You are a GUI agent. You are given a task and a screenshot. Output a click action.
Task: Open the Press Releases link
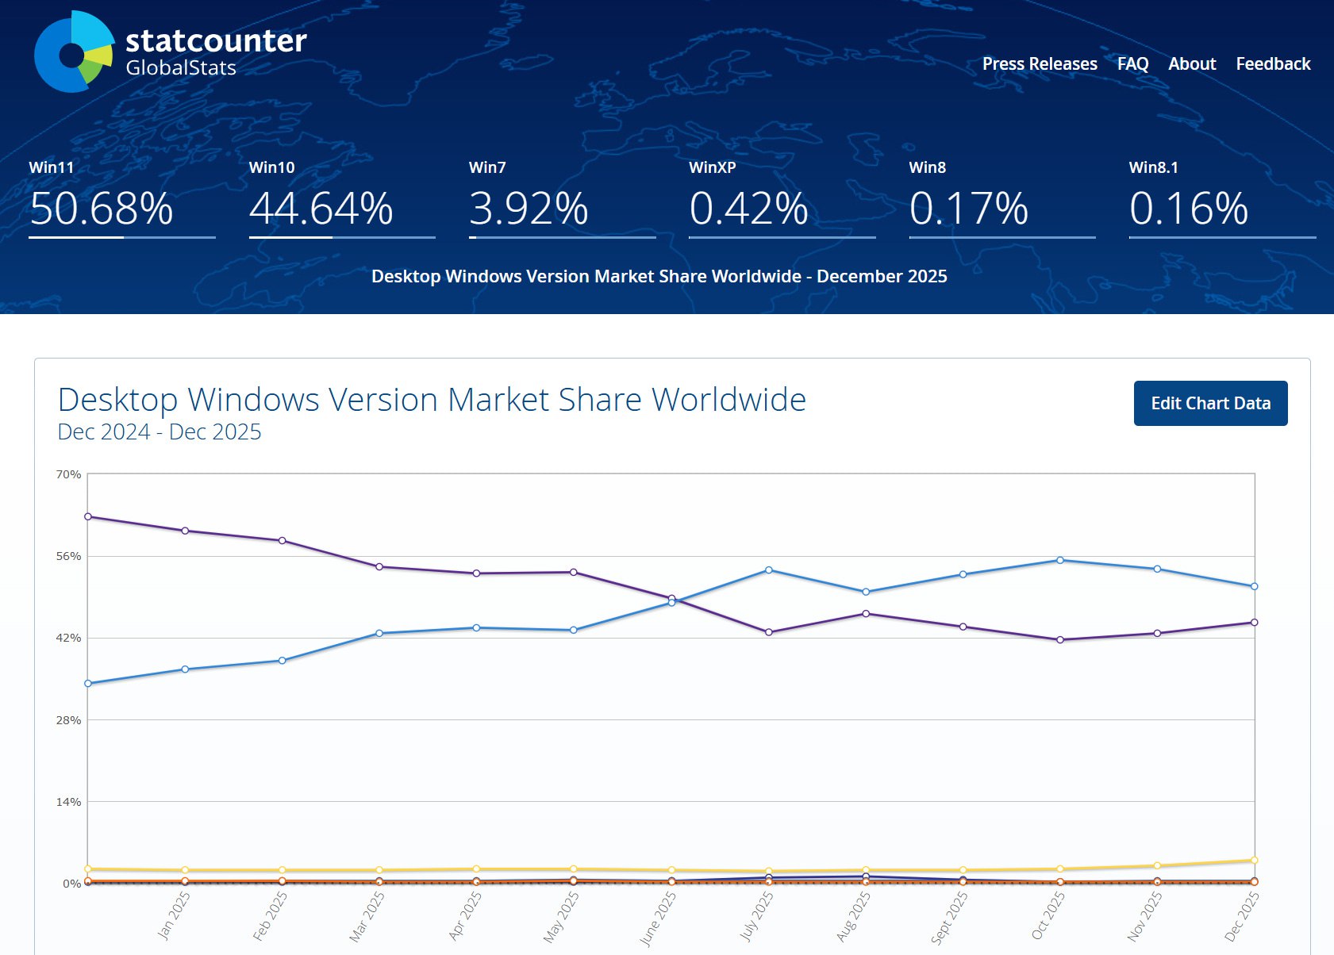(1040, 64)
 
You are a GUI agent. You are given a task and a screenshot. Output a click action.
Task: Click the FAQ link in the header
(1132, 64)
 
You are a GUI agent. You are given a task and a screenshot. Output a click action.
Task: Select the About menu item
(1191, 64)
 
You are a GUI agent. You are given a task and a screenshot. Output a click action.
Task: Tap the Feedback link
(1273, 64)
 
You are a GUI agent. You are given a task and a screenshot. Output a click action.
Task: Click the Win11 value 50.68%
(102, 209)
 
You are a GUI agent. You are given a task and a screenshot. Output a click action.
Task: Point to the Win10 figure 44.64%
(321, 209)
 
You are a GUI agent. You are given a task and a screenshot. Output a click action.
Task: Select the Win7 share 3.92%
(529, 209)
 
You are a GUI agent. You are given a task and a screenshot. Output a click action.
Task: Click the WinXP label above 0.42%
(712, 167)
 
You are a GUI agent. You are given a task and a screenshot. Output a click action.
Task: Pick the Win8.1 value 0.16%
(1188, 209)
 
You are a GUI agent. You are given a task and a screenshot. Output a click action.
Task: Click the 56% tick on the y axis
(68, 556)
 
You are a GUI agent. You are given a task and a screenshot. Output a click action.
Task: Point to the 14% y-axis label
(68, 802)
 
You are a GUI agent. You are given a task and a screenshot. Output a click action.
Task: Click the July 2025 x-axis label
(756, 916)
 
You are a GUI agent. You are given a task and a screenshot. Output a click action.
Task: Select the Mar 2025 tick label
(367, 916)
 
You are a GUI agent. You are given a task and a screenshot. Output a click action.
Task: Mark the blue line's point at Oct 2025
(1060, 561)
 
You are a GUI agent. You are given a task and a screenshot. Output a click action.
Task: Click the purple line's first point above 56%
(88, 516)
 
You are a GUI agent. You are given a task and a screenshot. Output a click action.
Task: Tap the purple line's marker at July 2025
(768, 632)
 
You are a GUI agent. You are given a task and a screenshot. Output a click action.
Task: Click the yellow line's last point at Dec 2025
(1254, 860)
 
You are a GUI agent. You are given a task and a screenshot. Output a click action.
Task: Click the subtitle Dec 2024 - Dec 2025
(160, 432)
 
